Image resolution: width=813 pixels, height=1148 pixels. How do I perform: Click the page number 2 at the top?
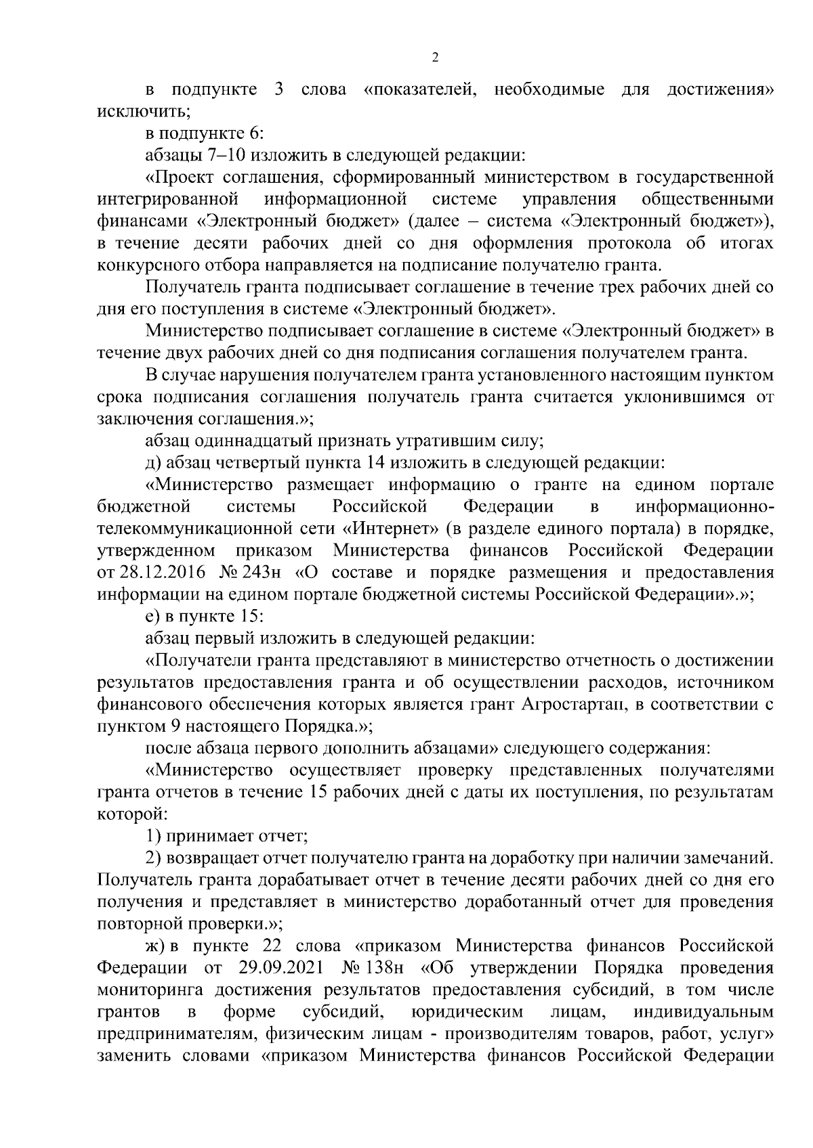pos(435,57)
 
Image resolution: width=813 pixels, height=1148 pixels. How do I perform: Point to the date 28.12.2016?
pos(160,573)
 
